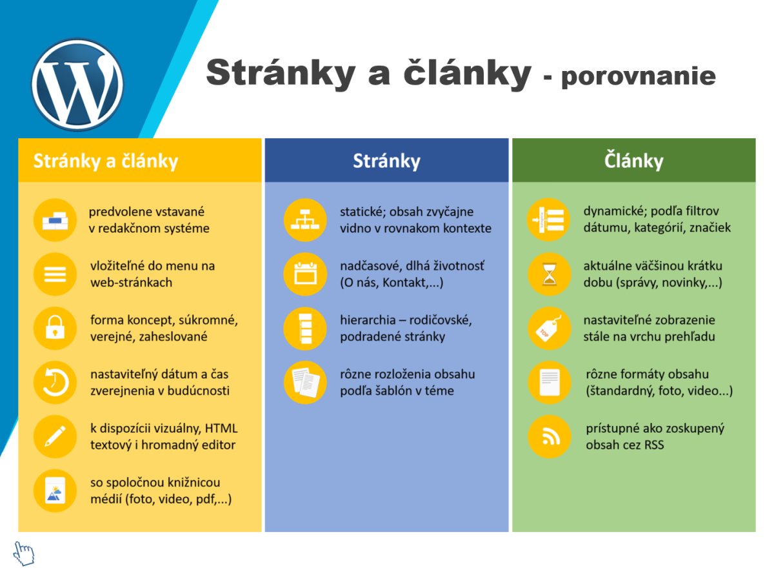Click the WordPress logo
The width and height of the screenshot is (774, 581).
(77, 85)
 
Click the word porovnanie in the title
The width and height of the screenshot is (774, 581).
(639, 76)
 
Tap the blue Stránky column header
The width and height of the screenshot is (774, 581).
(386, 161)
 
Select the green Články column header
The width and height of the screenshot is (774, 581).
(633, 161)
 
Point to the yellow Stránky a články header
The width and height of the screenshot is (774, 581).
(139, 161)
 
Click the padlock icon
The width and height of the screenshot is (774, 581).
(55, 328)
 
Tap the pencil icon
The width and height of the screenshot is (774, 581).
(55, 436)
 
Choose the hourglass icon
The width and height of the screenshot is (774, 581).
(549, 274)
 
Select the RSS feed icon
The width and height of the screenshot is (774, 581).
(549, 436)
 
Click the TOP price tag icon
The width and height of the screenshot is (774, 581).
(549, 328)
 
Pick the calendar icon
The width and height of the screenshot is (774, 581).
(305, 274)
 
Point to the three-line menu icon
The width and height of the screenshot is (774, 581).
(55, 274)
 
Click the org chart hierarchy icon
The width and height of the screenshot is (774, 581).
(305, 219)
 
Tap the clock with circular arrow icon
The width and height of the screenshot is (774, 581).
(55, 382)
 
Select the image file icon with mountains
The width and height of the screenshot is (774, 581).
(55, 491)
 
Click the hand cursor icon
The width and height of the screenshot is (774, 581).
(24, 553)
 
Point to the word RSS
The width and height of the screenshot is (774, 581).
(654, 445)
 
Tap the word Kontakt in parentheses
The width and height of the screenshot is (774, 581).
(404, 283)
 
